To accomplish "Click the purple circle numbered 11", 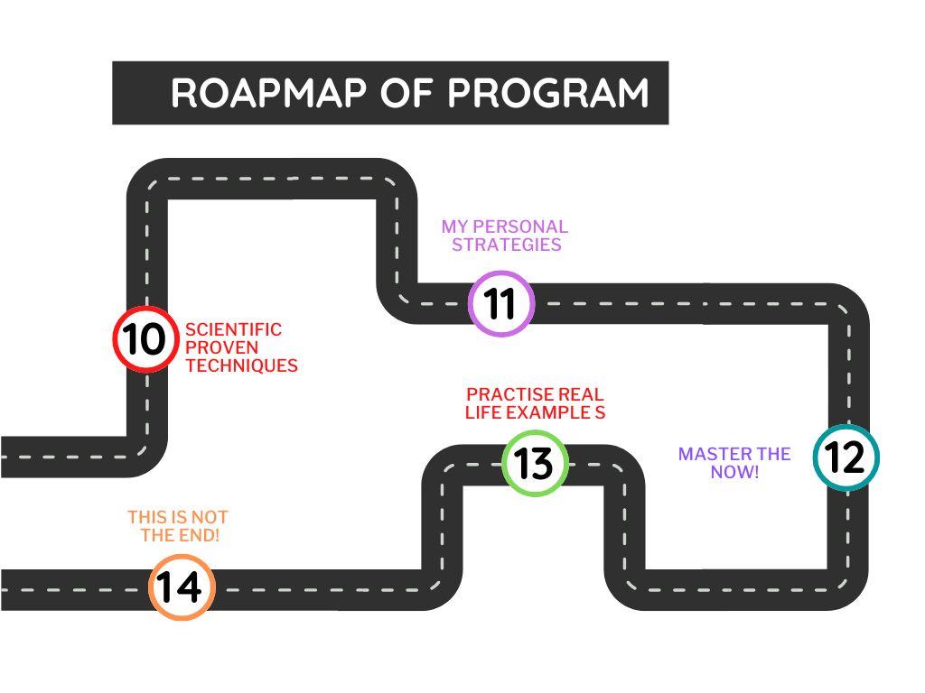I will point(501,304).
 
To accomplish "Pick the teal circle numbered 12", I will point(846,457).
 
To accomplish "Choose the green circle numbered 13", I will point(534,464).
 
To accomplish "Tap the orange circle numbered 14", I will point(181,587).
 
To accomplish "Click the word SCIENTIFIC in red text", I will point(233,330).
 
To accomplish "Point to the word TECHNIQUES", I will point(241,366).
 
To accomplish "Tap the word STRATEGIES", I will point(507,245).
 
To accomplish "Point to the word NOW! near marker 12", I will point(734,472).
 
